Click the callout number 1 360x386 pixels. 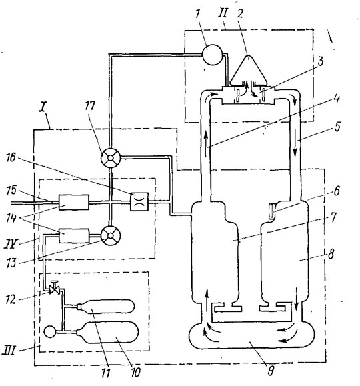tap(197, 14)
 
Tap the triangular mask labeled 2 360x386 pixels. tap(249, 71)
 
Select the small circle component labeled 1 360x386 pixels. tap(212, 55)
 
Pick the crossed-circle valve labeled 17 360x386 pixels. tap(111, 157)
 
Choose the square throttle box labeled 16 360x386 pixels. tap(139, 201)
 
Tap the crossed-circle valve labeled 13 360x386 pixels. tap(111, 235)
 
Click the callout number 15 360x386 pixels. tap(11, 191)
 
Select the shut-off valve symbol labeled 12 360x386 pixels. tap(55, 288)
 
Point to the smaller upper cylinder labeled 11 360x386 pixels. tap(105, 306)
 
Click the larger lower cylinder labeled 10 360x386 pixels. tap(107, 333)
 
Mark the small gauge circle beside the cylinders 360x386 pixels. tap(50, 331)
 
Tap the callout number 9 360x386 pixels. tap(271, 371)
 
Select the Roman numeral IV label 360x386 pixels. tap(11, 244)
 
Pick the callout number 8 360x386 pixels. tap(331, 254)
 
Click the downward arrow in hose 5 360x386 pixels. tap(296, 148)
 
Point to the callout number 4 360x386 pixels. tap(337, 99)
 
